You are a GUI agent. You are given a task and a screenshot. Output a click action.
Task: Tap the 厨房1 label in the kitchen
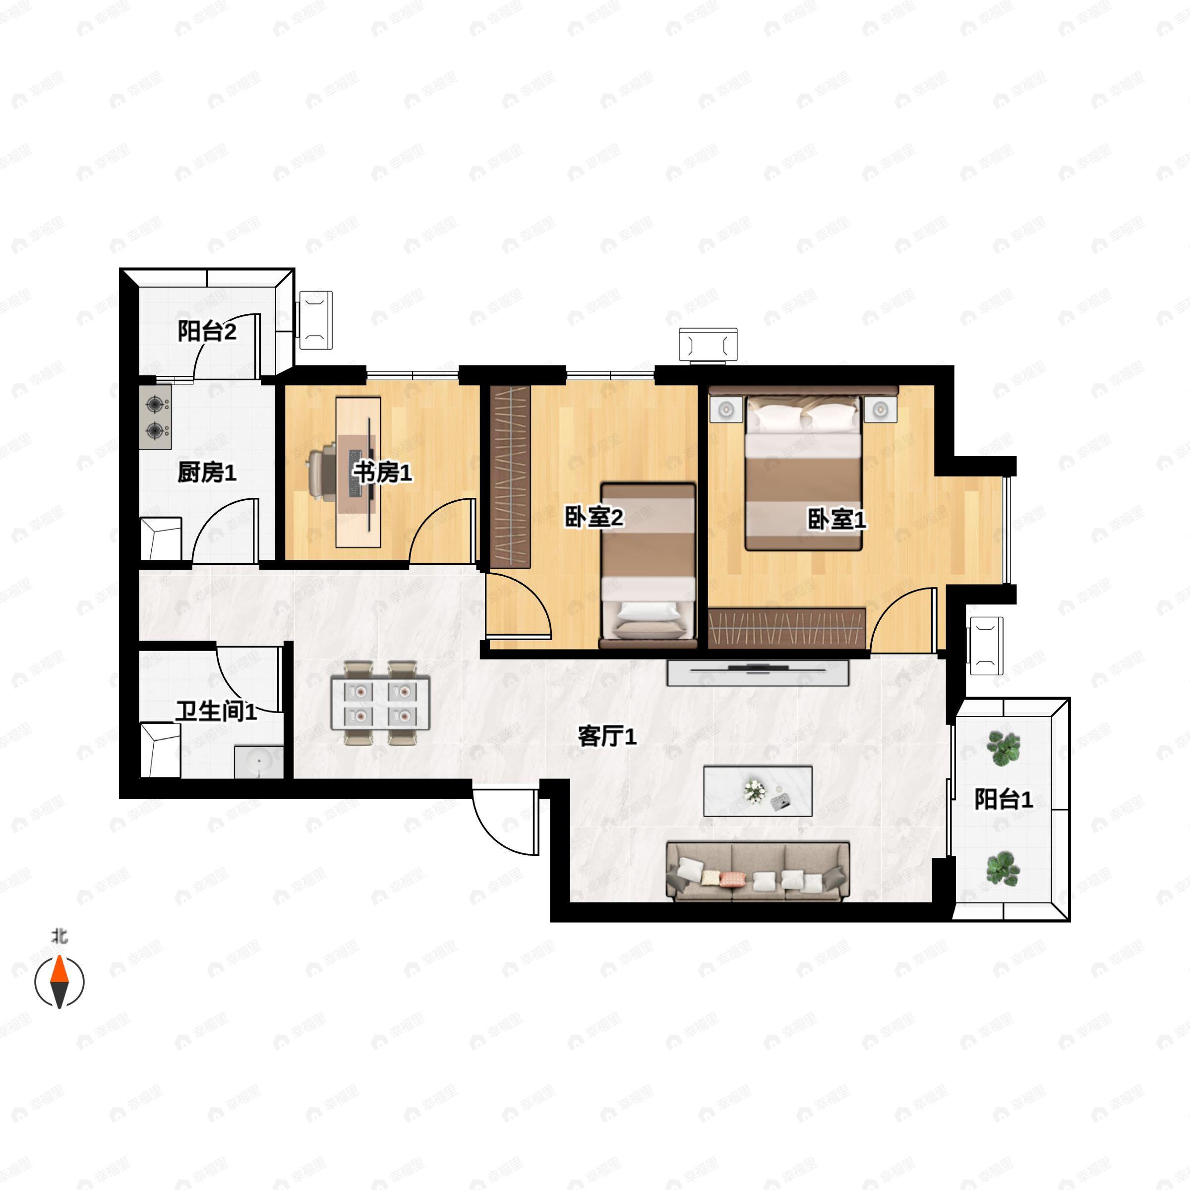click(x=207, y=473)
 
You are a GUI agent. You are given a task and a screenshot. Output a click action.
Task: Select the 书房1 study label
click(x=382, y=473)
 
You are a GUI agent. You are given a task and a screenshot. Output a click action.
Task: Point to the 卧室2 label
click(x=595, y=517)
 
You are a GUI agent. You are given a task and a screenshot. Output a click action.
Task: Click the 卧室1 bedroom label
click(x=837, y=519)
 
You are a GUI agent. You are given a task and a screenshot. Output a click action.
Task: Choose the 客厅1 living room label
click(x=607, y=736)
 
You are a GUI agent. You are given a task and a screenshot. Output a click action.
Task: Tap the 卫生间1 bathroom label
click(x=216, y=712)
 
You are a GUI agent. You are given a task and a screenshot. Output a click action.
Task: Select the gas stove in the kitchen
click(x=155, y=417)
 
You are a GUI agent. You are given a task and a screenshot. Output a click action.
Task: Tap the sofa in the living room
click(x=758, y=871)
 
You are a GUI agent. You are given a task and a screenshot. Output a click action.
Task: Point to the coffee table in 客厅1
click(x=758, y=791)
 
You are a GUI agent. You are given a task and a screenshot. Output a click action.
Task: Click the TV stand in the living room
click(x=758, y=673)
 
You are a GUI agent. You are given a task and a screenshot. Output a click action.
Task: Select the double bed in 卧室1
click(x=803, y=472)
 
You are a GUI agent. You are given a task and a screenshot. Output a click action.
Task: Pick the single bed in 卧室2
click(x=649, y=565)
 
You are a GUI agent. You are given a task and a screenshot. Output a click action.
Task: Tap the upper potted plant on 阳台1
click(x=1004, y=748)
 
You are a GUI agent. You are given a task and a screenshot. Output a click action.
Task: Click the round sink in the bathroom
click(x=259, y=762)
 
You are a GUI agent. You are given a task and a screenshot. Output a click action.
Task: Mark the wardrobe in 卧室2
click(x=510, y=476)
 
